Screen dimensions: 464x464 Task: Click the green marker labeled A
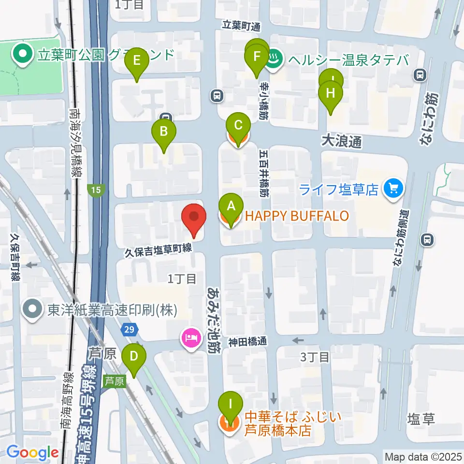click(231, 207)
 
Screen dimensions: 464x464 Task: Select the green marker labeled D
click(134, 358)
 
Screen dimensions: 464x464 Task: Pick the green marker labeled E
click(137, 61)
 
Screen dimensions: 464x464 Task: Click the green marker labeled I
click(231, 403)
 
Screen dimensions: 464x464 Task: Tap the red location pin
click(193, 217)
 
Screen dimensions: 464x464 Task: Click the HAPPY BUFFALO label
click(297, 216)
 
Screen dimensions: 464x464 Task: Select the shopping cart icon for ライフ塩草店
click(392, 188)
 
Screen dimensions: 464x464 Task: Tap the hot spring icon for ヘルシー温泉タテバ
click(275, 60)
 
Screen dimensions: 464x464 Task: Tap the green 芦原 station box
click(114, 381)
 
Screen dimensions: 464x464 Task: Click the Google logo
click(32, 453)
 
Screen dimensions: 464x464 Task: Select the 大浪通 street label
click(342, 142)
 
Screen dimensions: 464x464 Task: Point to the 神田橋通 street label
click(247, 341)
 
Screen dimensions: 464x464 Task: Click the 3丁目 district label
click(315, 358)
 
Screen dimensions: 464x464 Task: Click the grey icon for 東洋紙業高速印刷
click(33, 310)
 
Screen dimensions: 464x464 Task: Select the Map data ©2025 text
click(422, 456)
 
